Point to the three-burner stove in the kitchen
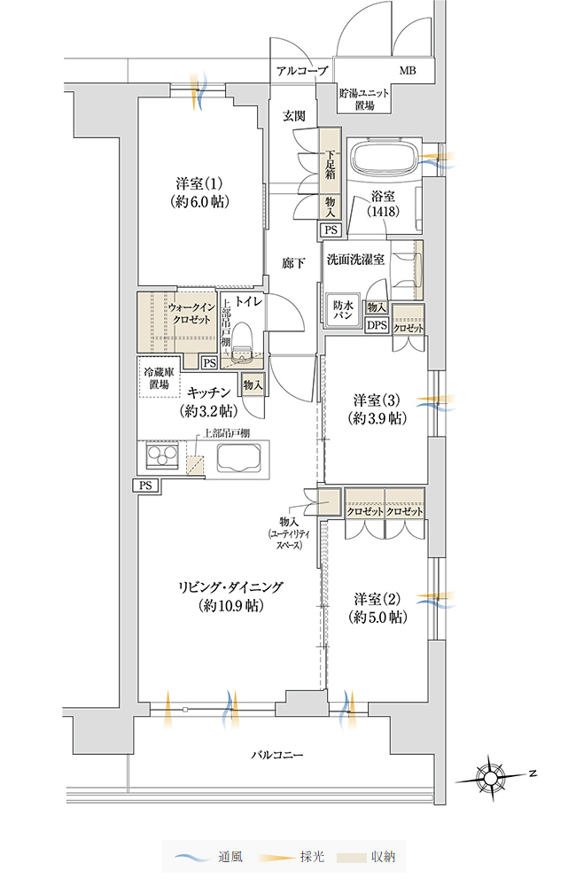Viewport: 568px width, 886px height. [163, 455]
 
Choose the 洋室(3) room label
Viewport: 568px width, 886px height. [377, 409]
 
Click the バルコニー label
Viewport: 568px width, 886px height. [278, 754]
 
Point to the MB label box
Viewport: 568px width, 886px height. [408, 71]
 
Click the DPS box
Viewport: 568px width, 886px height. [377, 325]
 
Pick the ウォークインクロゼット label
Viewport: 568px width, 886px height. [191, 313]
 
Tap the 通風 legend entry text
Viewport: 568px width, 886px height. [230, 857]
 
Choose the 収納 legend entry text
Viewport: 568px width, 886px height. [384, 857]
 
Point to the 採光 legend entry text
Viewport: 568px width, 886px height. [312, 857]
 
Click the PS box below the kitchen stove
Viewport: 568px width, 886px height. [146, 485]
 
